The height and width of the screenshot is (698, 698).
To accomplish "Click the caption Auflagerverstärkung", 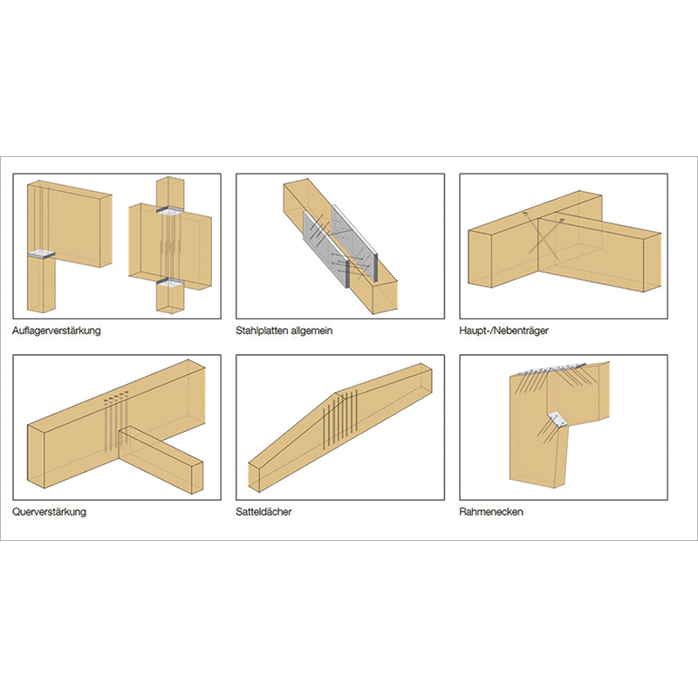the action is (57, 331).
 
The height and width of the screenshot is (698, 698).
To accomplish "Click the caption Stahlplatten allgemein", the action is (284, 331).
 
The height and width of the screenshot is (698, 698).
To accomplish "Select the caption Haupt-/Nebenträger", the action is (503, 331).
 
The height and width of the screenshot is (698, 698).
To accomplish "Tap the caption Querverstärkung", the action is (50, 511).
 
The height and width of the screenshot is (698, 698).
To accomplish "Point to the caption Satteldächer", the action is (263, 511).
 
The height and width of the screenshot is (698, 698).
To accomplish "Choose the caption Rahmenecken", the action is (491, 511).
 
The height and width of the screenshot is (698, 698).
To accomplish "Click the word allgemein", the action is (311, 331).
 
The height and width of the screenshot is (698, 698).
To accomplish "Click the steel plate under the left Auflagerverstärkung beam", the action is (41, 255).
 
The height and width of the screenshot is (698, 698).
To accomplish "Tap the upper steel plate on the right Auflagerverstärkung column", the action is (169, 210).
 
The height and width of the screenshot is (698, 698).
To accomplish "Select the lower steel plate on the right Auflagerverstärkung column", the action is (170, 281).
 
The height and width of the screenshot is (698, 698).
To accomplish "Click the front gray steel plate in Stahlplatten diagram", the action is (325, 249).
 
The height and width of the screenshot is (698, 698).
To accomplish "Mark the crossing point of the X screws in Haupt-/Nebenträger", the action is (541, 239).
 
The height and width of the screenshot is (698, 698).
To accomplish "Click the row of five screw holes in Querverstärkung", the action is (116, 398).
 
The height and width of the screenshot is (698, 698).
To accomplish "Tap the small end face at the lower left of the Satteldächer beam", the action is (254, 477).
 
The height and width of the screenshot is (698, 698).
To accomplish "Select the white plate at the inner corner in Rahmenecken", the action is (558, 419).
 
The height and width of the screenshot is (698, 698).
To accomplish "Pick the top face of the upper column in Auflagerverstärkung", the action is (169, 179).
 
